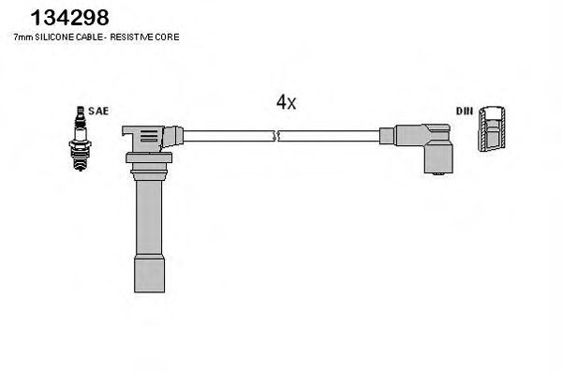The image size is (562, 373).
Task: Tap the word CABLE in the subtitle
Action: [88, 37]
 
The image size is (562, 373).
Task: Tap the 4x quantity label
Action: [286, 103]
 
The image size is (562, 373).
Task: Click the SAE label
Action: [100, 112]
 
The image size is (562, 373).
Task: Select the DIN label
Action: [465, 112]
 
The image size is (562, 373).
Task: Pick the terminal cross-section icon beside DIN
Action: [493, 129]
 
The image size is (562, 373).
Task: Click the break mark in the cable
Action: [274, 137]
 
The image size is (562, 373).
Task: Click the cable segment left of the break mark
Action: [225, 137]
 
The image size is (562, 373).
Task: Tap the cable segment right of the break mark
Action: [328, 137]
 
